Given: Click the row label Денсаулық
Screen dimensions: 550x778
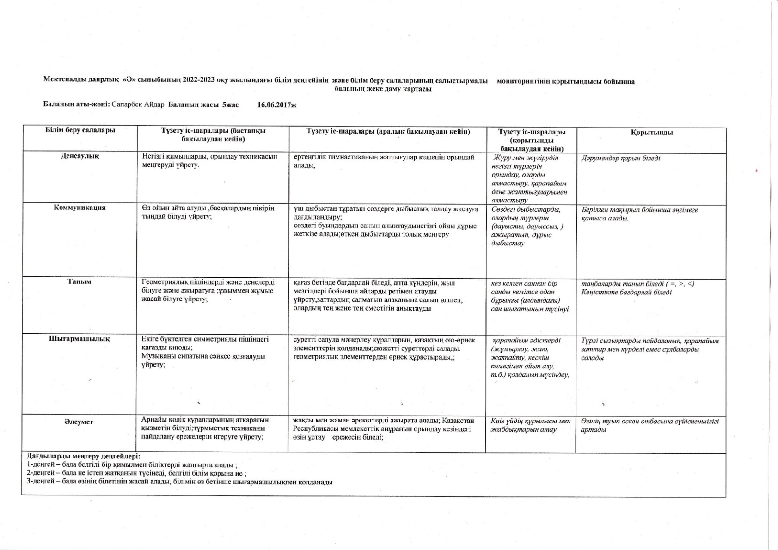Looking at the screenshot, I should click(80, 156).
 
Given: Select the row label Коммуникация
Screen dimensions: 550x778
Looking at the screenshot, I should click(80, 208).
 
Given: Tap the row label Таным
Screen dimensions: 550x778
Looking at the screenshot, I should click(80, 281).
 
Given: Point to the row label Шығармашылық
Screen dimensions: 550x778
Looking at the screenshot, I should click(80, 338).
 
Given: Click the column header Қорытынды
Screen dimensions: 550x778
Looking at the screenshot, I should click(651, 133).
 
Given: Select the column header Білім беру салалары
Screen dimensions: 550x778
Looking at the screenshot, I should click(80, 130).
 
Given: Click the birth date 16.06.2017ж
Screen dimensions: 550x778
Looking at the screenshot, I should click(276, 105).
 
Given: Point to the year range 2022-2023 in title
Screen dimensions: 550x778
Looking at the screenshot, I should click(199, 81).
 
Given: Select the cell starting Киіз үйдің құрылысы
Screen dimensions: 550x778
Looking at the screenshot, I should click(530, 425).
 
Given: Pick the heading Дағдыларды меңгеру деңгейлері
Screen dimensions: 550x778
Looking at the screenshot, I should click(84, 456).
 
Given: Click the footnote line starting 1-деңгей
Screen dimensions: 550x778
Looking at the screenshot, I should click(132, 465).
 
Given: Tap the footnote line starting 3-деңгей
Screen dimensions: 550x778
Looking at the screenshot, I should click(179, 482).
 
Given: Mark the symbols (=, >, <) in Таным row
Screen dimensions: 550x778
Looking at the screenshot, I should click(680, 284).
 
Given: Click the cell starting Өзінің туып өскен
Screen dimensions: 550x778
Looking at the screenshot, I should click(649, 425).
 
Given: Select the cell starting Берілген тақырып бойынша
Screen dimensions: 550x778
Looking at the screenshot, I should click(639, 214).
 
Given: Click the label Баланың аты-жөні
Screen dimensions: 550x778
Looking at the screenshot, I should click(76, 105).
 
